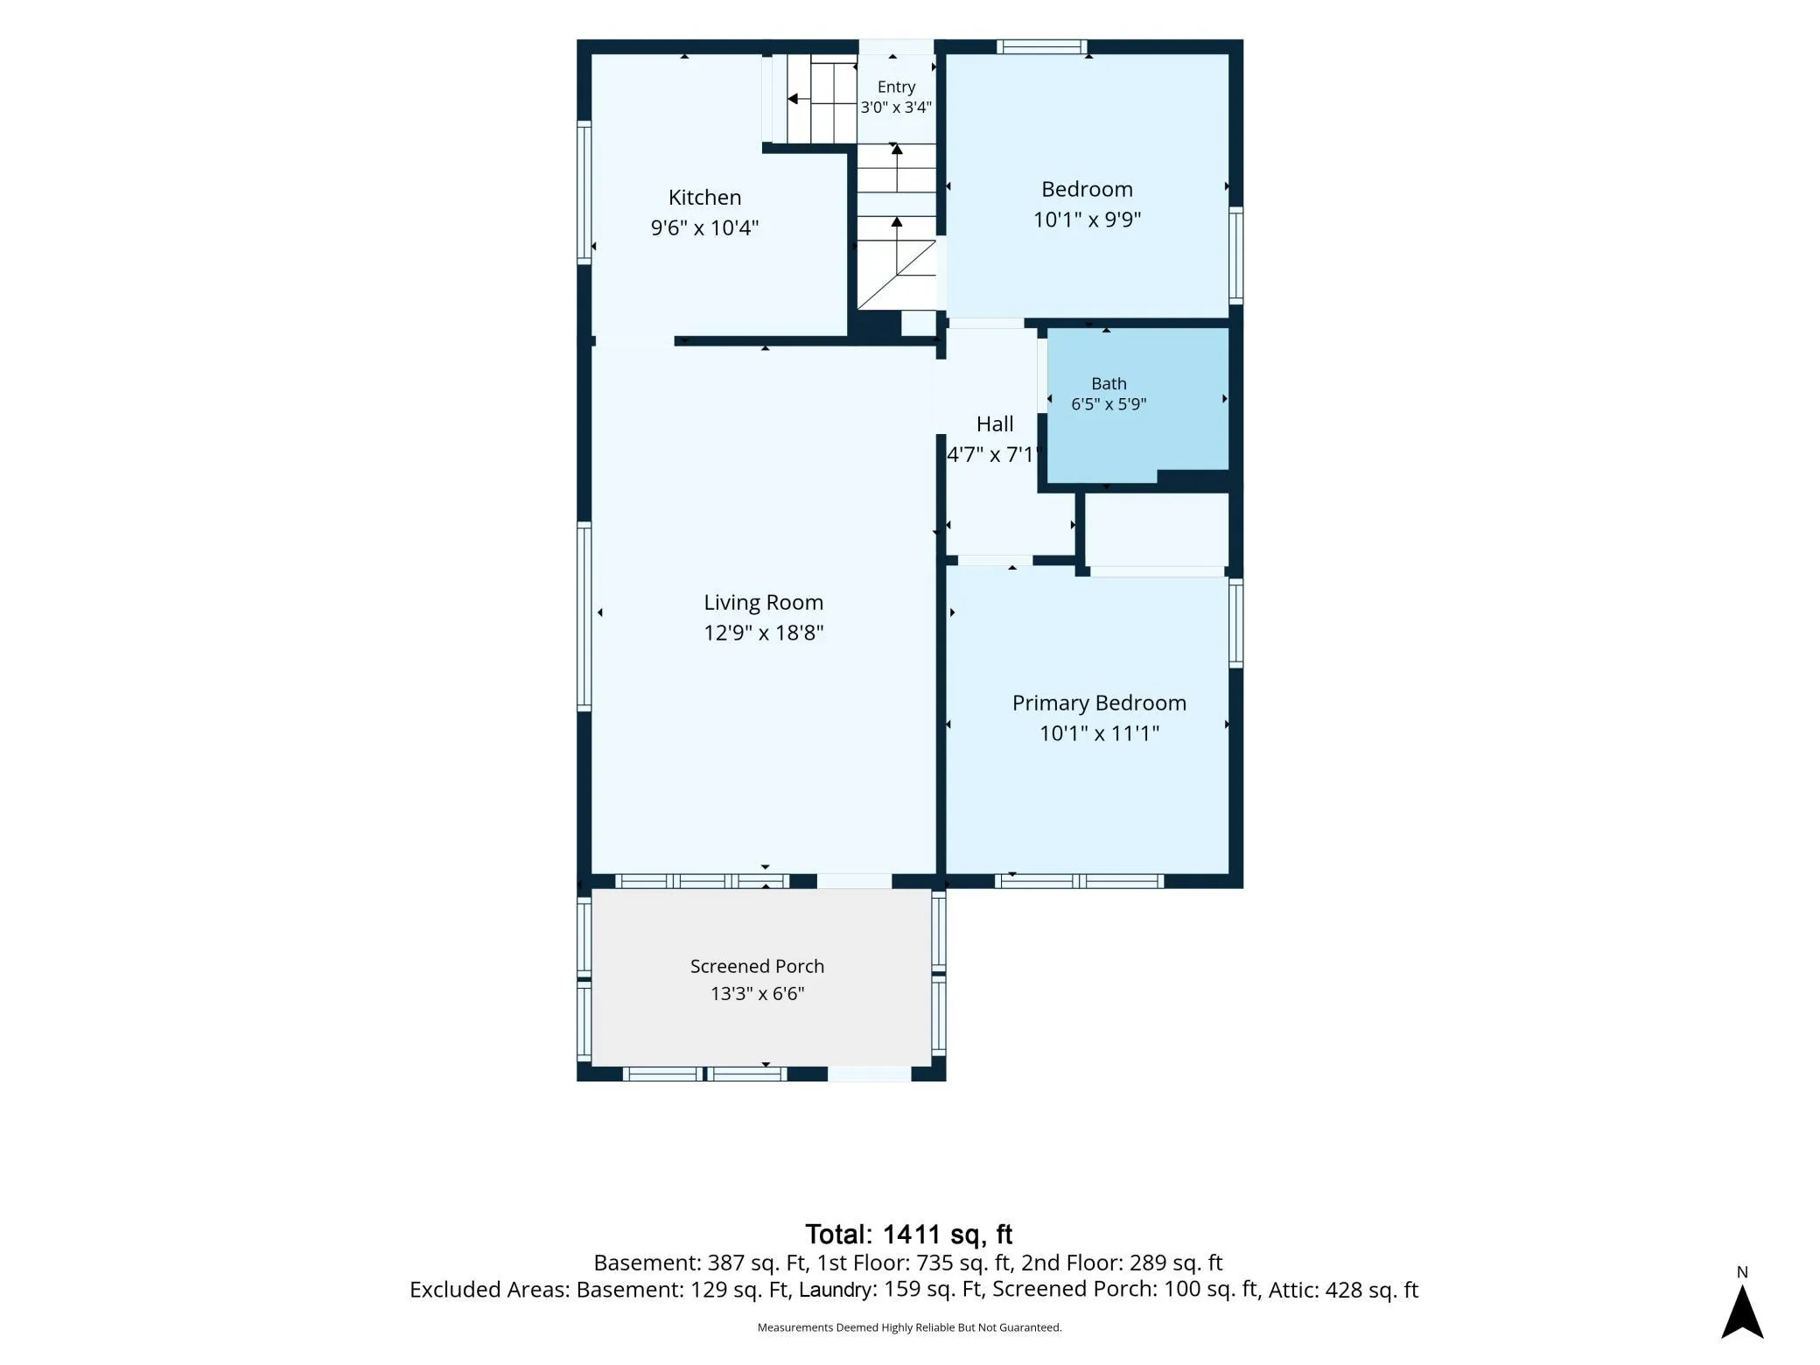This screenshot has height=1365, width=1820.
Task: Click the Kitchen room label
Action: coord(704,197)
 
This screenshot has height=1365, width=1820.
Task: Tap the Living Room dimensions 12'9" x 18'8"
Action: coord(764,633)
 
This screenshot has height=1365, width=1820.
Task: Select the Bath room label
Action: coord(1109,383)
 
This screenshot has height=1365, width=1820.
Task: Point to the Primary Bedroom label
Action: coord(1099,703)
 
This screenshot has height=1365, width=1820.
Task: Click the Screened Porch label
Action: coord(757,966)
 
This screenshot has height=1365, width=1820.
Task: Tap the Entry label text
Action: coord(896,87)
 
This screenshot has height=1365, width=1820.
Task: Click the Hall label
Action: coord(995,423)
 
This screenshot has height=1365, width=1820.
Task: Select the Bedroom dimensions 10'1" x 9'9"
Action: coord(1087,219)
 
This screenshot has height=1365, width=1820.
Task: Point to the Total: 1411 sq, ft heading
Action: coord(908,1234)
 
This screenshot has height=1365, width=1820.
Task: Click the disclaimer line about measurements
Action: coord(909,1327)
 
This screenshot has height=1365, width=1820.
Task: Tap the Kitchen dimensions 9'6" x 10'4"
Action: coord(704,227)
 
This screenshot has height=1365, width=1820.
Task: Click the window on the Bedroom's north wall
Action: coord(1041,47)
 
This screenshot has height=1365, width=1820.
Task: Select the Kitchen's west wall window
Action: coord(584,192)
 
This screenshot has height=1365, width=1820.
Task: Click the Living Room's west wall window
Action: coord(584,616)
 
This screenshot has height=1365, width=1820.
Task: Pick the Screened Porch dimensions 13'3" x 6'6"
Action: coord(757,993)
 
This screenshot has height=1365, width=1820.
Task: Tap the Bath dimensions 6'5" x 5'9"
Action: coord(1109,404)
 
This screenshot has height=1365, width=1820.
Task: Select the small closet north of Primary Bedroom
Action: coord(1157,529)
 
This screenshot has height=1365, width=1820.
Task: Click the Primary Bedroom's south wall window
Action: coord(1079,881)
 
